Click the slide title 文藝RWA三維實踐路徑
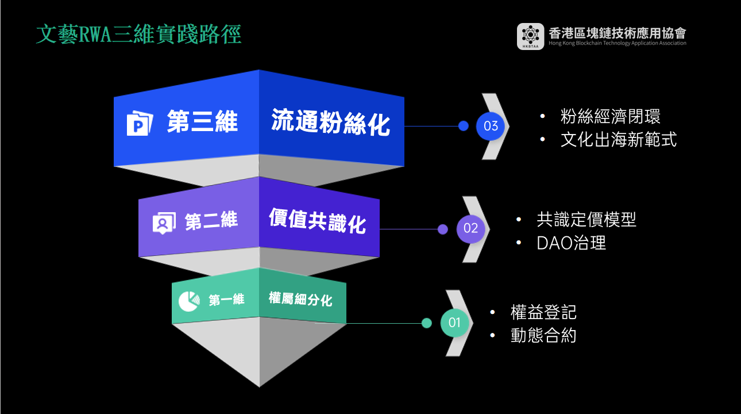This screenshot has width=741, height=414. (138, 34)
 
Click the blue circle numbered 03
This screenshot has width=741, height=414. (491, 126)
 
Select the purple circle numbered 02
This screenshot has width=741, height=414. (470, 228)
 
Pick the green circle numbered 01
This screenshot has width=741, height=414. (454, 323)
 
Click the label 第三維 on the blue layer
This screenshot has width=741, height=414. (202, 122)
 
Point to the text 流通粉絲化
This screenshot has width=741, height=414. (330, 122)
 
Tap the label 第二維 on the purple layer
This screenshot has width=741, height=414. (211, 221)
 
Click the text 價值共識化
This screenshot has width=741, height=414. (317, 221)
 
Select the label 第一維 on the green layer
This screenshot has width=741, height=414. (226, 300)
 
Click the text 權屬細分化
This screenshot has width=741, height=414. (300, 299)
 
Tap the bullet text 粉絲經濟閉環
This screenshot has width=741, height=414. (610, 116)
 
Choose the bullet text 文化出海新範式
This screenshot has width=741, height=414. (618, 140)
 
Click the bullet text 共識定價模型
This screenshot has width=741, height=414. (586, 219)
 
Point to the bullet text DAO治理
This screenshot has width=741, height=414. (571, 243)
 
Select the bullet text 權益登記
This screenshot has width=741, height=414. (543, 312)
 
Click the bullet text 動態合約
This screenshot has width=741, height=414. (543, 335)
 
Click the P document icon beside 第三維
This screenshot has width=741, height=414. (140, 122)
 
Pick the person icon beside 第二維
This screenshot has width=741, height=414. (163, 223)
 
